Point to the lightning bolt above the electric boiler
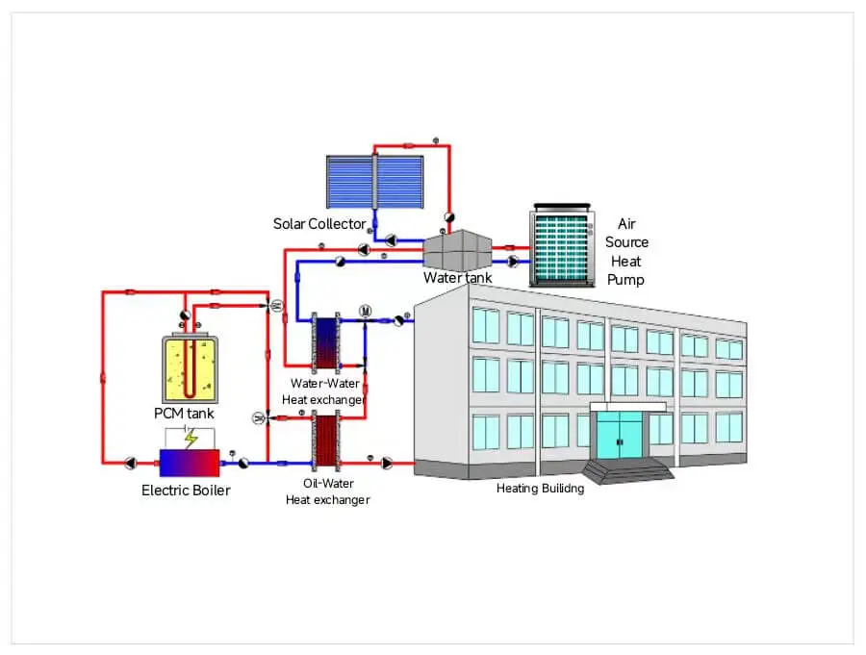coord(191,439)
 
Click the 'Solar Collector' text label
coord(319,224)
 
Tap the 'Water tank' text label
coord(457,278)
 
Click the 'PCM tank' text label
coord(183,414)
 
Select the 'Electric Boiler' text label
coord(186,491)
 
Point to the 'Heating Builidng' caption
coord(540,489)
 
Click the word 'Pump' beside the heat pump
coord(625,280)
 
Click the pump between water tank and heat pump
coord(512,261)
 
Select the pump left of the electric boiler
coord(130,463)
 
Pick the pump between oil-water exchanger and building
coord(387,463)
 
